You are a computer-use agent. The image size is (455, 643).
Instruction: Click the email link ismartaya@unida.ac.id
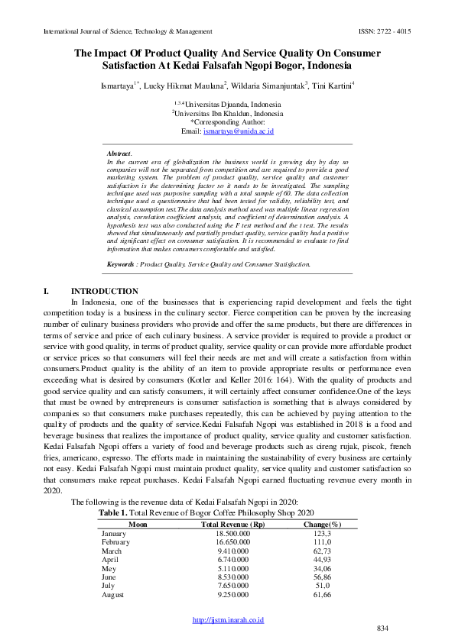point(238,131)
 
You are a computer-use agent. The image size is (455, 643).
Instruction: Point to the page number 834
point(383,628)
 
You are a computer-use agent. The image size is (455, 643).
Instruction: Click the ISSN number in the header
point(385,32)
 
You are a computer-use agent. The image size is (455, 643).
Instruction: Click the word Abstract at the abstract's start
point(119,153)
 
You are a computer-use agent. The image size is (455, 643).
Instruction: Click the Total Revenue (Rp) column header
point(232,503)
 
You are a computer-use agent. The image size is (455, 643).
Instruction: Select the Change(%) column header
point(322,503)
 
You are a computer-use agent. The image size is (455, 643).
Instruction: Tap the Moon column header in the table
point(138,503)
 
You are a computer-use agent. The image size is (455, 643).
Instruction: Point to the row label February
point(116,520)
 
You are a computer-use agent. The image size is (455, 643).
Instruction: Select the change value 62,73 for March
point(322,529)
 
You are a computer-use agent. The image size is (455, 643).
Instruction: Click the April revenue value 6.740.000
point(232,538)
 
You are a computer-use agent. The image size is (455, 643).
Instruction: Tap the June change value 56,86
point(322,557)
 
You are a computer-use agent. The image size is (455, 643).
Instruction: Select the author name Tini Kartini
point(331,86)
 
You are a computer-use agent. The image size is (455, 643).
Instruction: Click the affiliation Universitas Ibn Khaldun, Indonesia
point(229,113)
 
